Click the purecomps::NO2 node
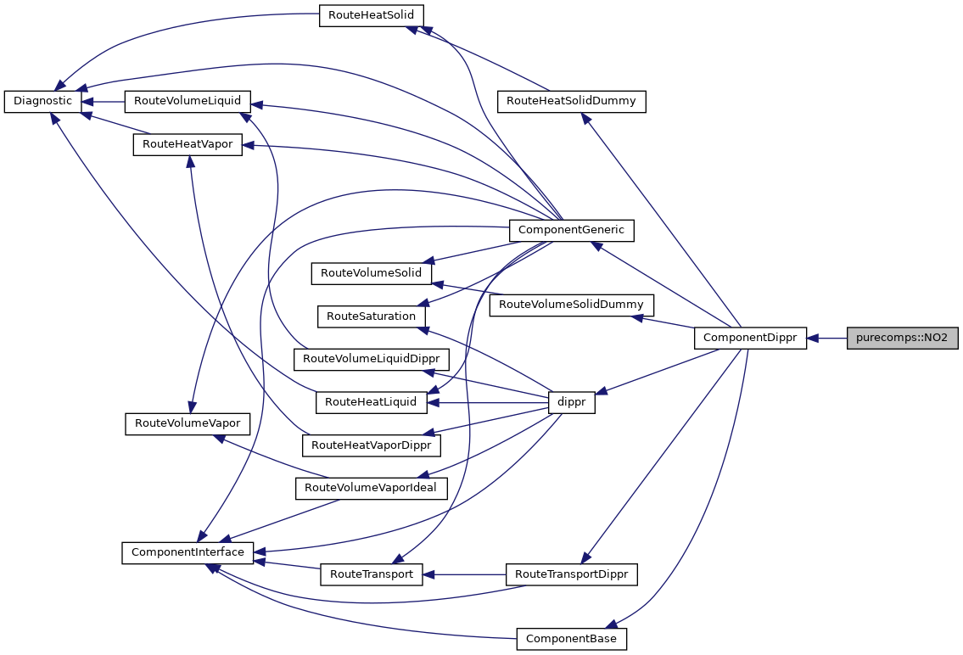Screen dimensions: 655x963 902,338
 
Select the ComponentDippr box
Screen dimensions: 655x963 750,338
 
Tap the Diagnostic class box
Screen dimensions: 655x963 43,101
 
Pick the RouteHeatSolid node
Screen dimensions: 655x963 371,16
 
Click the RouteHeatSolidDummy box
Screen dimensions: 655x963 571,101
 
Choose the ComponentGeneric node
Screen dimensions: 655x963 570,229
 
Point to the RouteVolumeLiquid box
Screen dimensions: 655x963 188,101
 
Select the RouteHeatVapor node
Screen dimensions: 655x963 188,144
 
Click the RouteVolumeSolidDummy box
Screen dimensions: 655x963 571,304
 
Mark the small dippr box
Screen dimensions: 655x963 572,403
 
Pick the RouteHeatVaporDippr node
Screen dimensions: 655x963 371,445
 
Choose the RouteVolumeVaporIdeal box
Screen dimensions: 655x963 371,488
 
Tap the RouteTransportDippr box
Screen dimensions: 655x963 571,574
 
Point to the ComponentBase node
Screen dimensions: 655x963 571,638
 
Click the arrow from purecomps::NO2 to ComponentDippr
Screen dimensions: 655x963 826,338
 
